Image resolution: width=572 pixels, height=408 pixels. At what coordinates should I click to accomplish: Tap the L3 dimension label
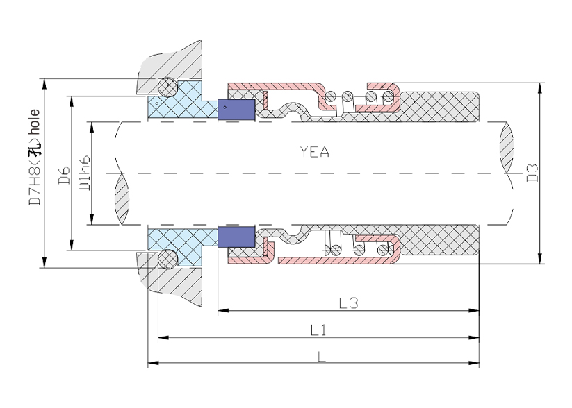click(348, 303)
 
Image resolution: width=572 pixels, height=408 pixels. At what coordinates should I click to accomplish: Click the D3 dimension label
click(532, 173)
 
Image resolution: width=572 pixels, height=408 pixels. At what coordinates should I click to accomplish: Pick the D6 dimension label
click(62, 173)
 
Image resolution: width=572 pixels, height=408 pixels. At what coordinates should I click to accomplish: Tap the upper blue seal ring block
click(236, 110)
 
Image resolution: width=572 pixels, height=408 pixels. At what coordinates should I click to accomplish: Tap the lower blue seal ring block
click(236, 236)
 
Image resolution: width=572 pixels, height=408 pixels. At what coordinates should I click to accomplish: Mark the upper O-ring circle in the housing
click(167, 87)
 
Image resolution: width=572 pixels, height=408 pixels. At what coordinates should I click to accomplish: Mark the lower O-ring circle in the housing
click(167, 259)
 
